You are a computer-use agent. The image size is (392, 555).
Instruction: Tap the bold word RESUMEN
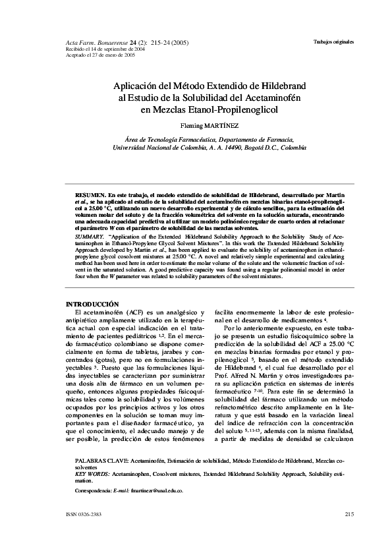pyautogui.click(x=90, y=196)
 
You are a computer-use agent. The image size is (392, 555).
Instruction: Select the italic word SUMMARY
pyautogui.click(x=90, y=235)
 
